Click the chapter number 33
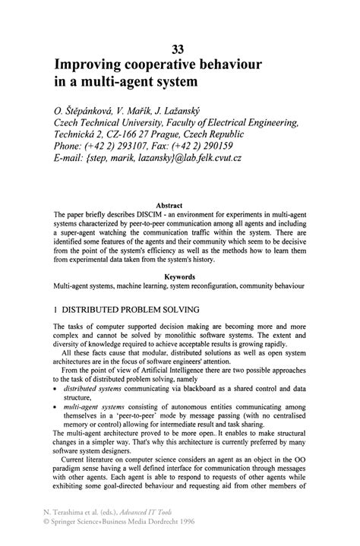click(179, 49)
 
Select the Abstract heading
click(179, 205)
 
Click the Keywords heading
click(179, 277)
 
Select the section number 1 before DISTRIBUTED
click(55, 310)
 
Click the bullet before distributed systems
click(55, 386)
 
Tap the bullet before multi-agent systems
click(55, 407)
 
